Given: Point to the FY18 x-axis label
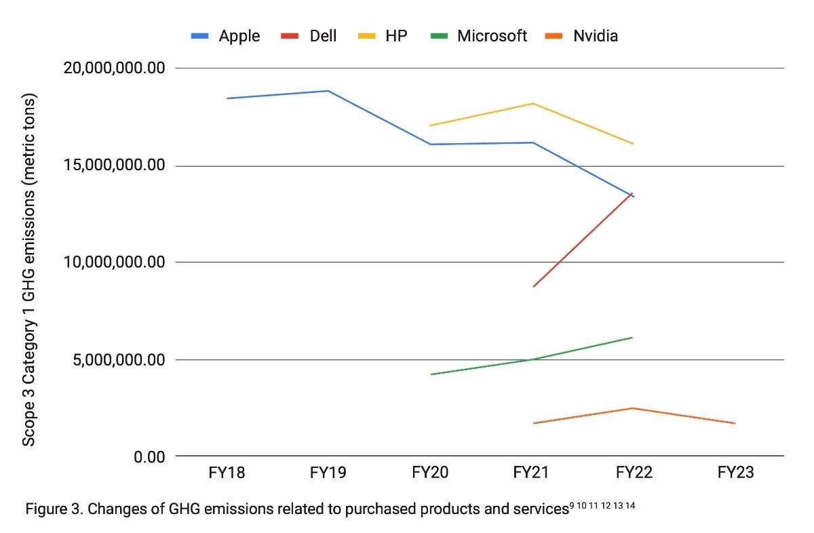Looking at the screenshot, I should [226, 473].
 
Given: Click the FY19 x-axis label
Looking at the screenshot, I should [328, 473].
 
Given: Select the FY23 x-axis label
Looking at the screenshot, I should [735, 473].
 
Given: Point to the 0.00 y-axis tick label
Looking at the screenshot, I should [149, 457].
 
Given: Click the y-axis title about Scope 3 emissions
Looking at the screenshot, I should [29, 269].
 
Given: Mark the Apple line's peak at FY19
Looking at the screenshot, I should [328, 91].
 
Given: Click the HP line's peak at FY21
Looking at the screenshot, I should [533, 103].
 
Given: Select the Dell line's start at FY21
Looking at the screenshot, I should [534, 286].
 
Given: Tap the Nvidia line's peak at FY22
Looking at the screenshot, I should [633, 408].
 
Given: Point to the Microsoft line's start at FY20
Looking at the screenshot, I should [431, 374].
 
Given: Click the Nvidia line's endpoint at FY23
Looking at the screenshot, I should [735, 423].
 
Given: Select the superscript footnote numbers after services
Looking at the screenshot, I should [602, 506].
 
